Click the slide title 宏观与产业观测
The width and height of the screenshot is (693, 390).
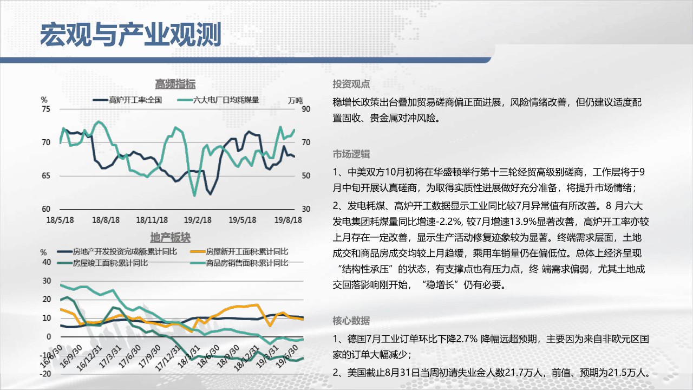point(130,35)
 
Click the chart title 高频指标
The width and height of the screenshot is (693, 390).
point(175,84)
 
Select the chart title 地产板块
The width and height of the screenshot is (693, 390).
point(171,238)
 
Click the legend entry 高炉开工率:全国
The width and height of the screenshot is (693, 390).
point(127,100)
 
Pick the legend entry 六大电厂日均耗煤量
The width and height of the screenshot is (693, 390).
point(218,100)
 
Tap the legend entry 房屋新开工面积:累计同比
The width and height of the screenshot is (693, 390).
point(239,252)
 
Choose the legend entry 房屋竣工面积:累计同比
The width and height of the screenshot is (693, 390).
point(103,263)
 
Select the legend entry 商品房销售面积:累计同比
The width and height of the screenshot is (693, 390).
point(239,263)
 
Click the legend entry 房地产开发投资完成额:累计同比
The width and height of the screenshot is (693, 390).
point(117,252)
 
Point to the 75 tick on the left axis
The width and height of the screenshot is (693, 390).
point(46,109)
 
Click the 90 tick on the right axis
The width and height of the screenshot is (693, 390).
point(306,109)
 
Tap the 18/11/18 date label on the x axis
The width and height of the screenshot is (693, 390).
point(152,220)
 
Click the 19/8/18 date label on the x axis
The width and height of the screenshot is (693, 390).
point(288,220)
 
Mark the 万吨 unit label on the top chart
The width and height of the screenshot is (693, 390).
point(295,101)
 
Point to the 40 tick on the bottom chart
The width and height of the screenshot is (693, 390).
point(47,262)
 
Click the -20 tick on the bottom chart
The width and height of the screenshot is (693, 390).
point(45,374)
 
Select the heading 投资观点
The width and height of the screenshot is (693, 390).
point(351,84)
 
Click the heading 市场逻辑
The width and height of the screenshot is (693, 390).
point(351,154)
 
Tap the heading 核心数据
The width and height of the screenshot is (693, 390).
point(351,321)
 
